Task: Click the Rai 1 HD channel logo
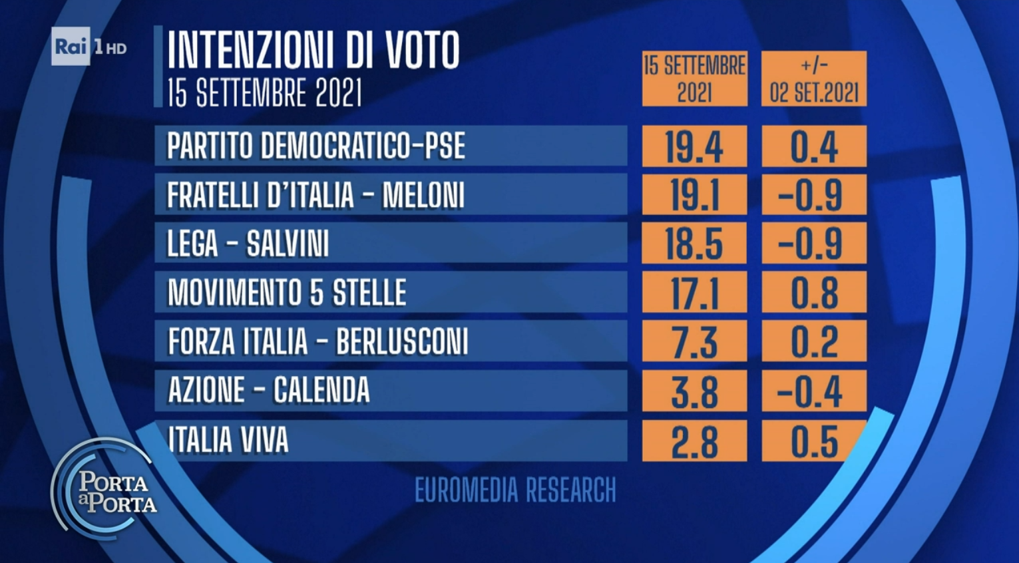(x=89, y=47)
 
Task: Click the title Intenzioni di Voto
(x=313, y=50)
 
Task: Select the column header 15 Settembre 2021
(x=695, y=79)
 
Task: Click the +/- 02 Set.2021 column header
(x=814, y=79)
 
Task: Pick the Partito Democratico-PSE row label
(x=316, y=146)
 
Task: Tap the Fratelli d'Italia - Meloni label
(x=315, y=195)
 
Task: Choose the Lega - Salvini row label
(x=248, y=244)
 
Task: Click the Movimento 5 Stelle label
(x=287, y=292)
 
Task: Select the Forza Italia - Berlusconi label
(x=318, y=341)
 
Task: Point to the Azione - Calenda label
(x=269, y=390)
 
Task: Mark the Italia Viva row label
(x=228, y=440)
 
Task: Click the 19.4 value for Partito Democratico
(x=694, y=146)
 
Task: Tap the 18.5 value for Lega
(x=694, y=244)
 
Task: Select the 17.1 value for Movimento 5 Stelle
(x=694, y=292)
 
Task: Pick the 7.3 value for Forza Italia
(x=694, y=341)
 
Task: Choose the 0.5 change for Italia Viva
(x=814, y=441)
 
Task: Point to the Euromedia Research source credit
(x=515, y=490)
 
